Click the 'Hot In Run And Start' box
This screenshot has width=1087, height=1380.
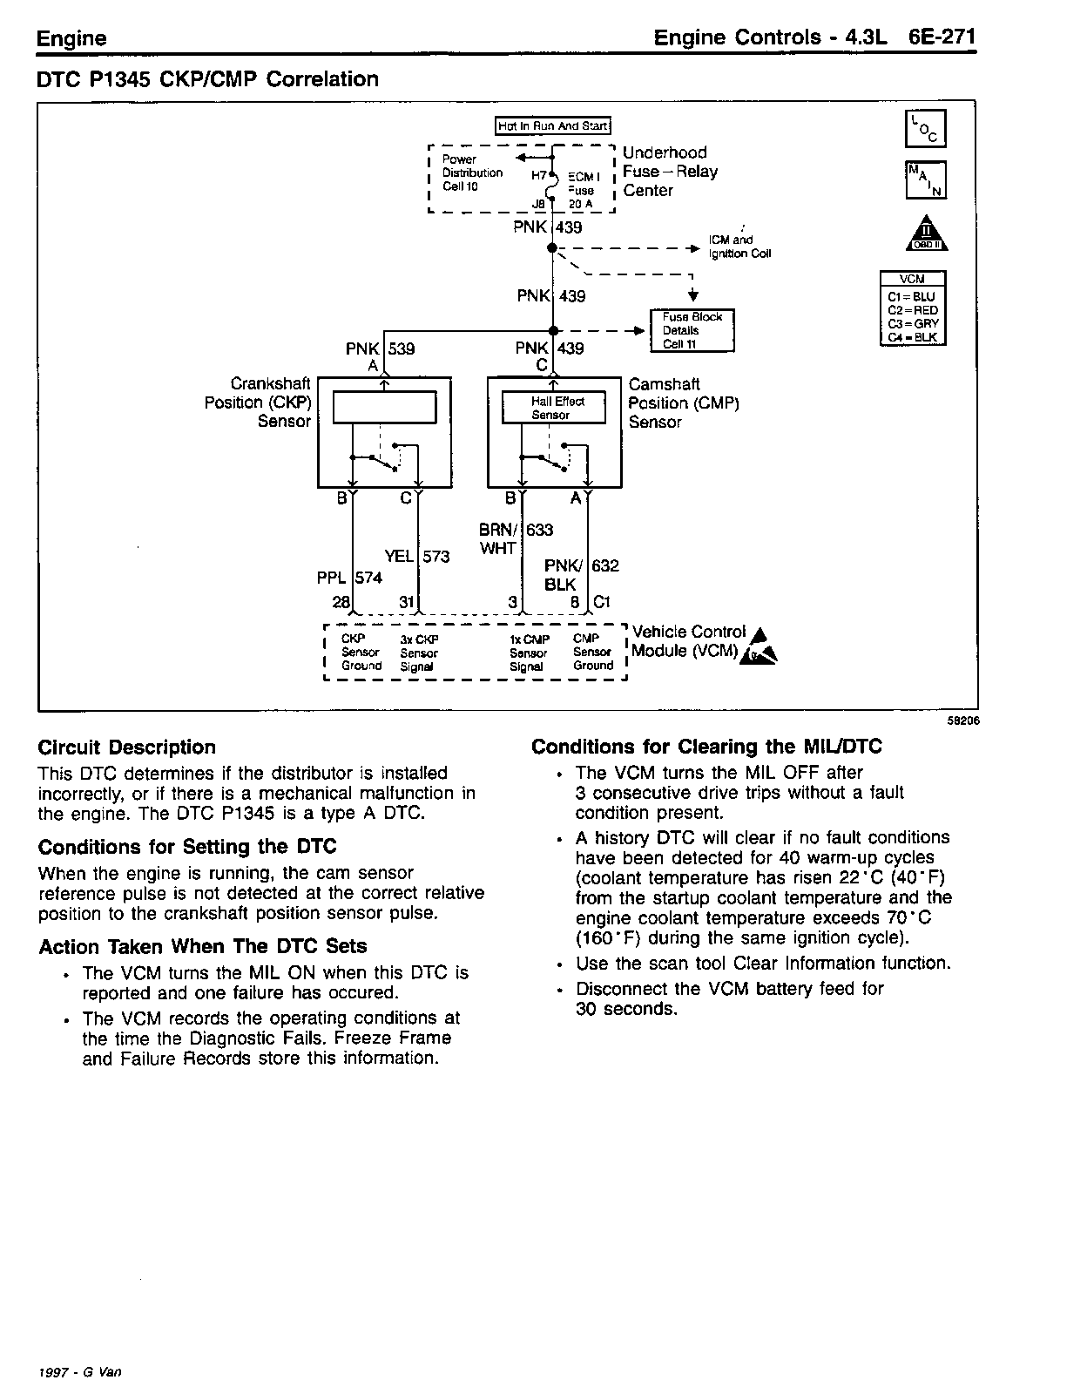point(553,126)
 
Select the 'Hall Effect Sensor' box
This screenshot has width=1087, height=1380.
point(554,408)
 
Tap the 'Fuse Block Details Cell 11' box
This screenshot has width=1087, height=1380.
point(692,330)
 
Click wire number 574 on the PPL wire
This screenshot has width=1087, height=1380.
point(369,577)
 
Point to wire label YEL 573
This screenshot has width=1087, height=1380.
point(416,556)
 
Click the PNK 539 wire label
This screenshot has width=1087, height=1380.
point(380,348)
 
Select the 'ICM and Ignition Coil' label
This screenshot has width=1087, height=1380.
point(739,247)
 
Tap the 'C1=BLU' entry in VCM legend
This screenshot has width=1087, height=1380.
point(912,296)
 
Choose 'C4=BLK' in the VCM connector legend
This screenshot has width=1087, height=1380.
point(912,337)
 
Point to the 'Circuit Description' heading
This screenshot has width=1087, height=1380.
point(127,747)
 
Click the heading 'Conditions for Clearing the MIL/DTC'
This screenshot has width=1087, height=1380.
point(706,747)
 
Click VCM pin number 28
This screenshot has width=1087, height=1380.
point(341,602)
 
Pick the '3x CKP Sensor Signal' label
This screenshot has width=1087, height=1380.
point(419,653)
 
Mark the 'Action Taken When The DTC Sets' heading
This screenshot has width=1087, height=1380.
point(203,946)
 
